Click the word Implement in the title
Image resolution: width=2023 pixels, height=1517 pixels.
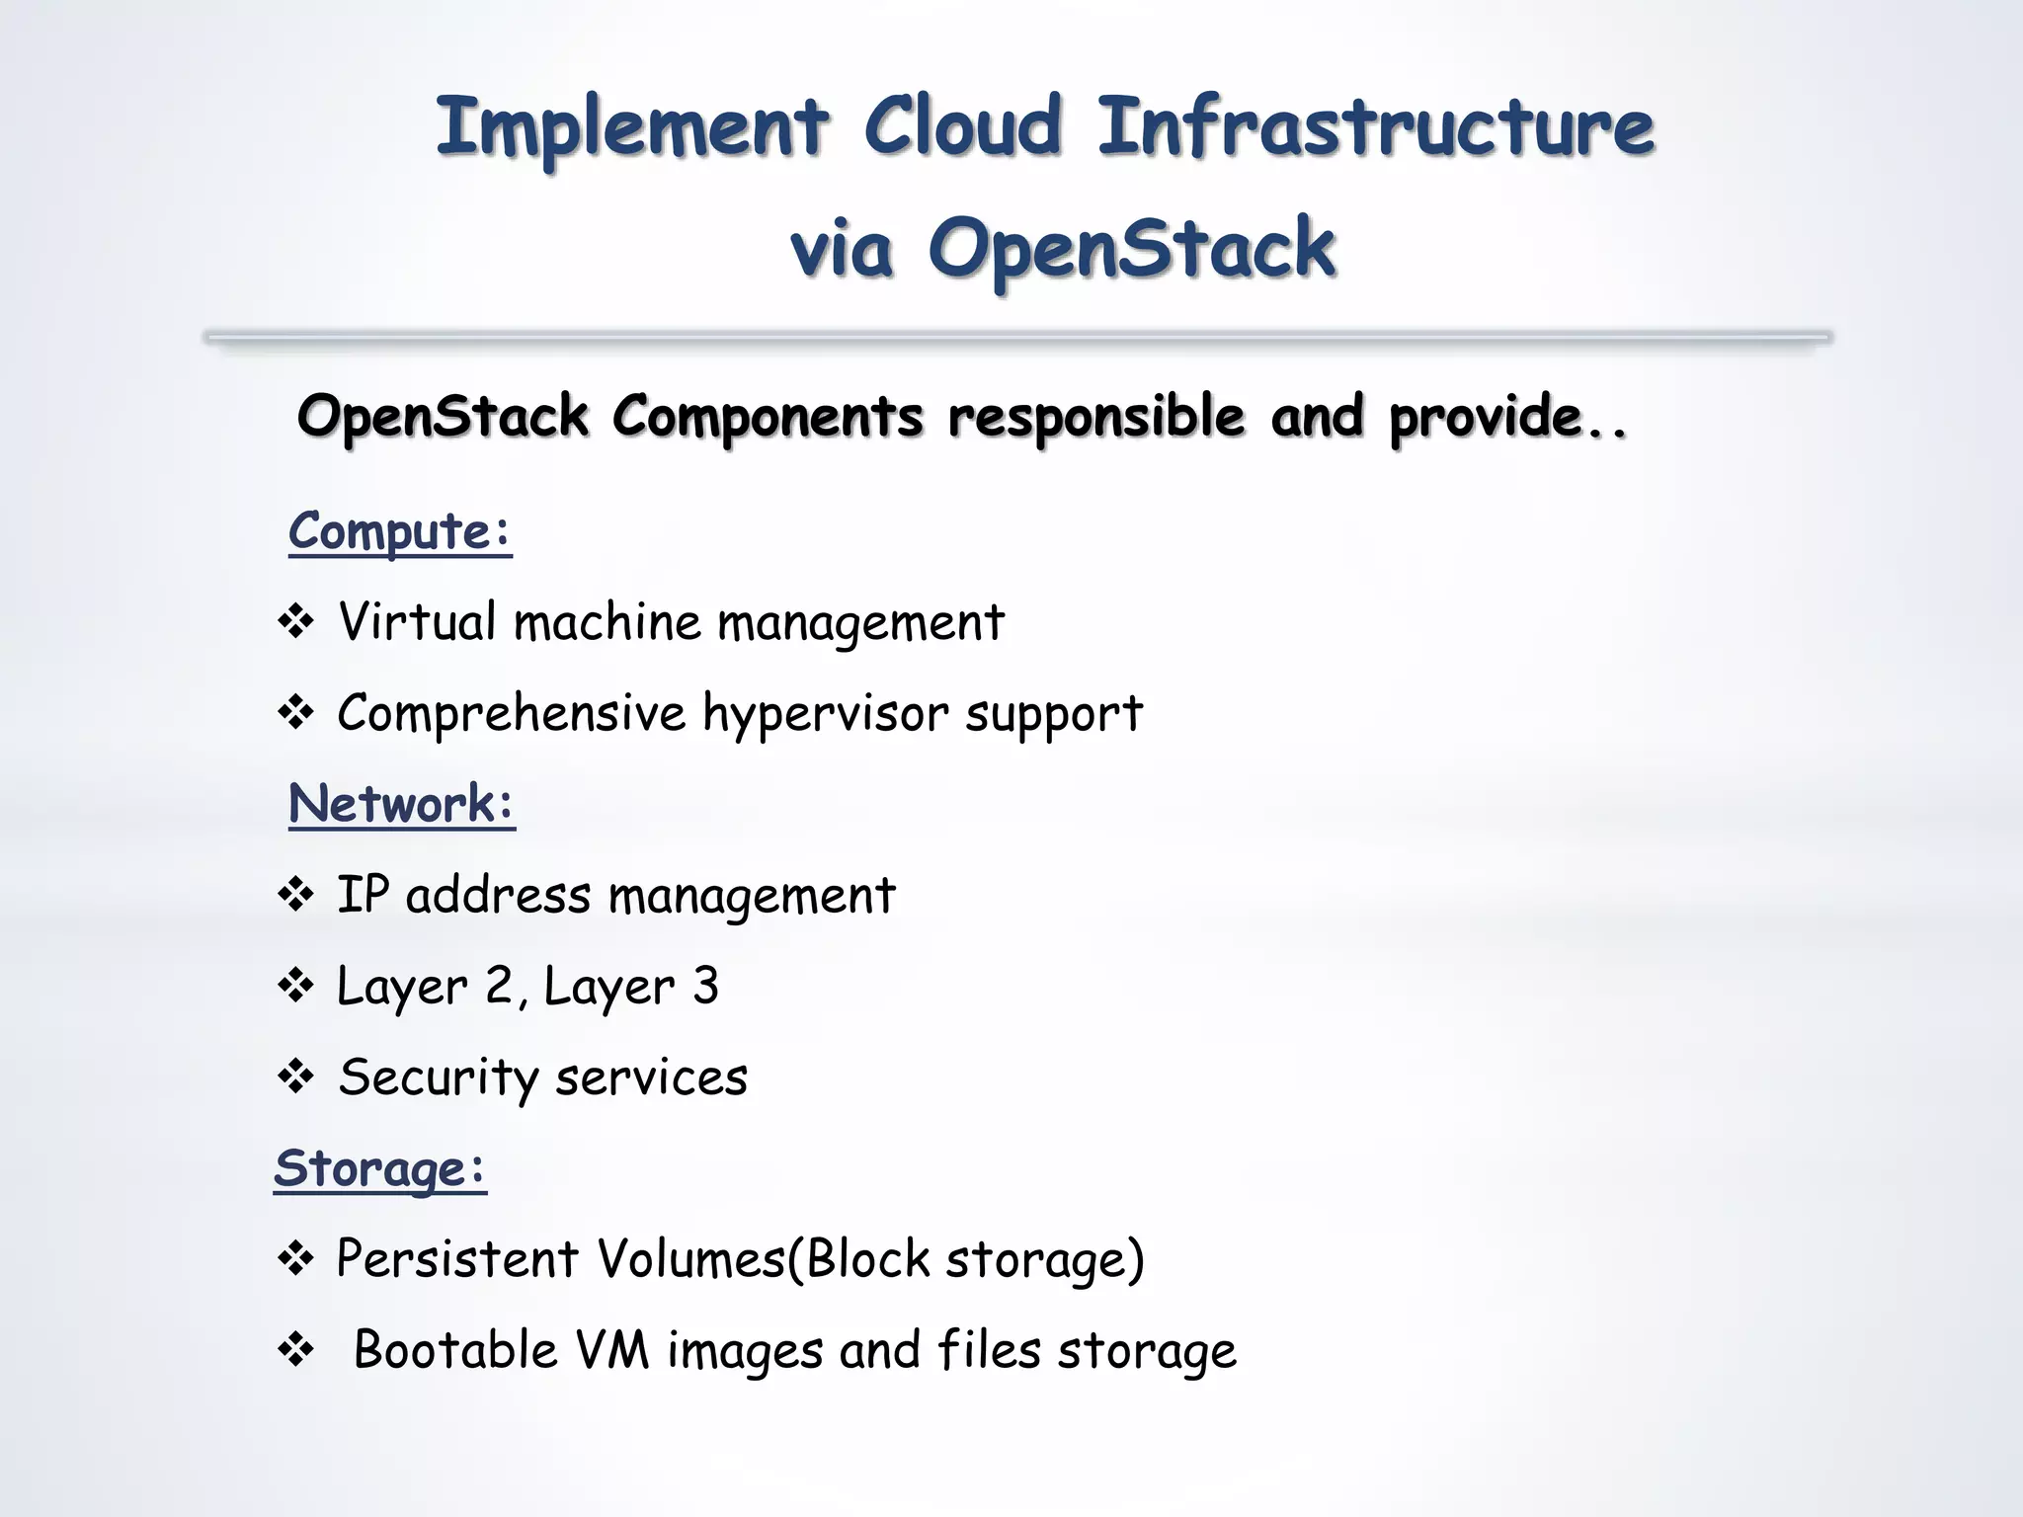(x=632, y=128)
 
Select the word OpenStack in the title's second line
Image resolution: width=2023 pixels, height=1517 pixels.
(x=1132, y=249)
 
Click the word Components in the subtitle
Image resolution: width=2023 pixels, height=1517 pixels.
(x=768, y=416)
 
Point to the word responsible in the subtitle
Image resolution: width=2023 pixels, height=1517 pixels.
(x=1096, y=416)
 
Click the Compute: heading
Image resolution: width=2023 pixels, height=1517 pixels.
(x=400, y=531)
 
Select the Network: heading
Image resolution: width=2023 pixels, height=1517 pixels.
(x=402, y=803)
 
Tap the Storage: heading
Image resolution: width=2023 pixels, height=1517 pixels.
(x=380, y=1168)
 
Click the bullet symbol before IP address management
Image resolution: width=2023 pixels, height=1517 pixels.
(x=295, y=895)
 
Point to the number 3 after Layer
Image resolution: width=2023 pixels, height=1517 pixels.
(x=705, y=986)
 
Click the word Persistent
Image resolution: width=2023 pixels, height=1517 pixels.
(x=457, y=1259)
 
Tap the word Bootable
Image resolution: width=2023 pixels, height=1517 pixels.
(x=455, y=1350)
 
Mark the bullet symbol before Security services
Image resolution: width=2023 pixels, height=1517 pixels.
(x=295, y=1077)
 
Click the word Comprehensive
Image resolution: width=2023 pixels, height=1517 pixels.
(x=512, y=713)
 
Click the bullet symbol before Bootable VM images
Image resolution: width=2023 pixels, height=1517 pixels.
(x=295, y=1349)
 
